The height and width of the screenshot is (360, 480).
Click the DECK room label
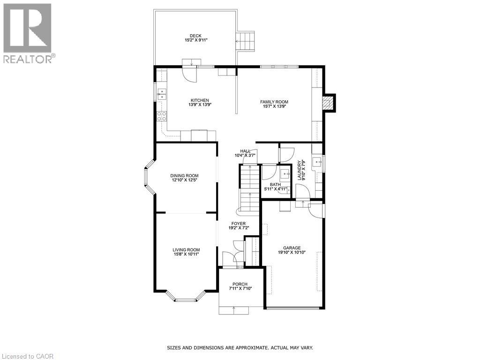pyautogui.click(x=195, y=36)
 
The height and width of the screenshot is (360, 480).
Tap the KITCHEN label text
pyautogui.click(x=199, y=100)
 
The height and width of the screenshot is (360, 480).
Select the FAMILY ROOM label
pyautogui.click(x=274, y=102)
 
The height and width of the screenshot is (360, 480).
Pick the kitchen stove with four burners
pyautogui.click(x=161, y=116)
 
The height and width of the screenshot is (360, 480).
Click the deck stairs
pyautogui.click(x=246, y=42)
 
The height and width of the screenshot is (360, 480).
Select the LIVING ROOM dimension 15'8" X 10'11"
pyautogui.click(x=186, y=255)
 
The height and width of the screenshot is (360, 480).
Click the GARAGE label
pyautogui.click(x=292, y=248)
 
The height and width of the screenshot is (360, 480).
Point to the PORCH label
pyautogui.click(x=240, y=285)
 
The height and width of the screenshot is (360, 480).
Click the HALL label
pyautogui.click(x=245, y=151)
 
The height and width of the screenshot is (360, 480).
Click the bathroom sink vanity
pyautogui.click(x=284, y=174)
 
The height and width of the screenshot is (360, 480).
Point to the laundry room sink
pyautogui.click(x=317, y=163)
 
